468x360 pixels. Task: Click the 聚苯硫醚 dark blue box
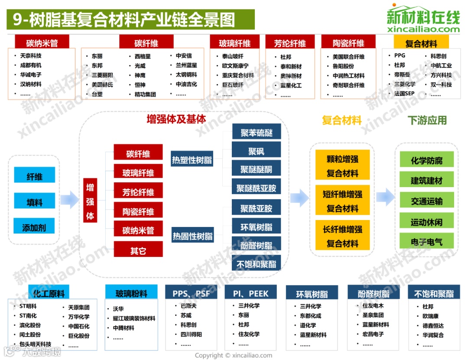coord(256,133)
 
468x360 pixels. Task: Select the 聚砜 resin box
coord(256,151)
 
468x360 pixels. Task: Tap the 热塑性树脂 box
coord(192,160)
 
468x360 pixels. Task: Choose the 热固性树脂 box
coord(192,236)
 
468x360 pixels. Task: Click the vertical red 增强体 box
coord(90,201)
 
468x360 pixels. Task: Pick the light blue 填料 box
coord(35,201)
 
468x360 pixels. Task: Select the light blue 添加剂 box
coord(35,227)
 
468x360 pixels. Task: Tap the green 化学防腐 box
coord(426,161)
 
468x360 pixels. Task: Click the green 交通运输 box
coord(426,201)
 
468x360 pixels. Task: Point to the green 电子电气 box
coord(426,241)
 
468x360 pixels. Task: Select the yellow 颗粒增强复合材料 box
coord(342,166)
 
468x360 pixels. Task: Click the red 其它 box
coord(138,250)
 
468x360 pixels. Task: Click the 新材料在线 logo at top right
coord(423,19)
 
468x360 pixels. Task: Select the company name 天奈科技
coord(31,56)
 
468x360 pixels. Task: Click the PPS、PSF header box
coord(191,293)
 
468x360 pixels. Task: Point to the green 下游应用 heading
coord(427,120)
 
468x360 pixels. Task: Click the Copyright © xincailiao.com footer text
coord(234,355)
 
